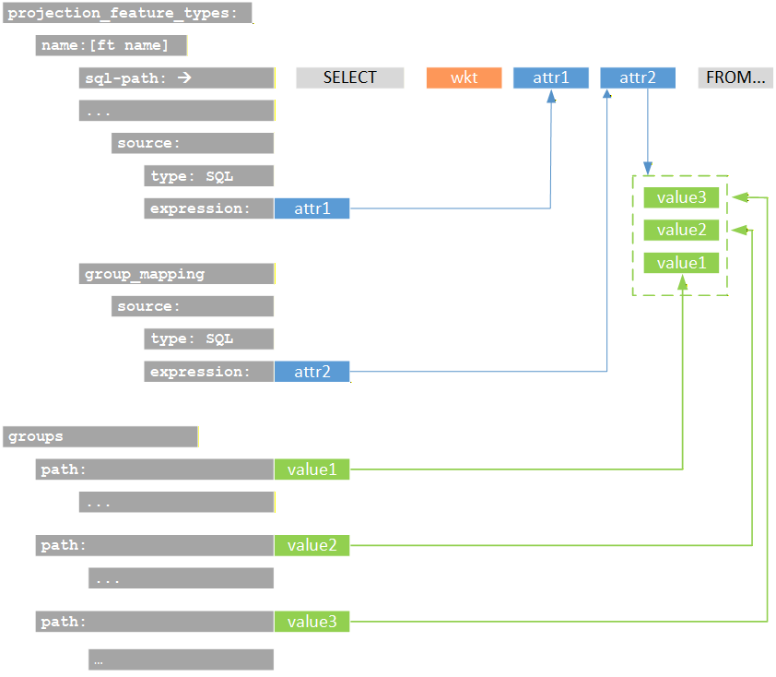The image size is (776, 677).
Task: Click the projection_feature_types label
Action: [x=127, y=14]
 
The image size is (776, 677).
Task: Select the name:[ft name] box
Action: [x=112, y=46]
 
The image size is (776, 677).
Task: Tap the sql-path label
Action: [x=176, y=78]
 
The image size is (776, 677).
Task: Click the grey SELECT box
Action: [x=349, y=78]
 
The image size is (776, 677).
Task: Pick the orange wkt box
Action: [x=464, y=78]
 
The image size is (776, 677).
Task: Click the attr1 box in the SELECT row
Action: [x=551, y=78]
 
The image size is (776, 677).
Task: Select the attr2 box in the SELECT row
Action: [x=637, y=78]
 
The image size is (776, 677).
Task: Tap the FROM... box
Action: [x=735, y=78]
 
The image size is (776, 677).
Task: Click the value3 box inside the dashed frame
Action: [x=680, y=197]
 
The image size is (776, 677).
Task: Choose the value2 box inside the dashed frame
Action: [x=680, y=231]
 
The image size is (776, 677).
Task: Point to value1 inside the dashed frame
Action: [x=680, y=264]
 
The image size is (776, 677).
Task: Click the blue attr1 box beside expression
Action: [x=312, y=208]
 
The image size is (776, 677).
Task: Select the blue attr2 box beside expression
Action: [x=312, y=372]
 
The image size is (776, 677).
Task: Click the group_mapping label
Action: [x=176, y=274]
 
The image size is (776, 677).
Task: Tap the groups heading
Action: [x=101, y=436]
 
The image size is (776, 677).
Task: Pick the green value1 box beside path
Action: [x=312, y=469]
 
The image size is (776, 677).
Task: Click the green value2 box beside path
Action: [x=312, y=545]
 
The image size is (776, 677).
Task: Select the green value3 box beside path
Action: [x=312, y=622]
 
